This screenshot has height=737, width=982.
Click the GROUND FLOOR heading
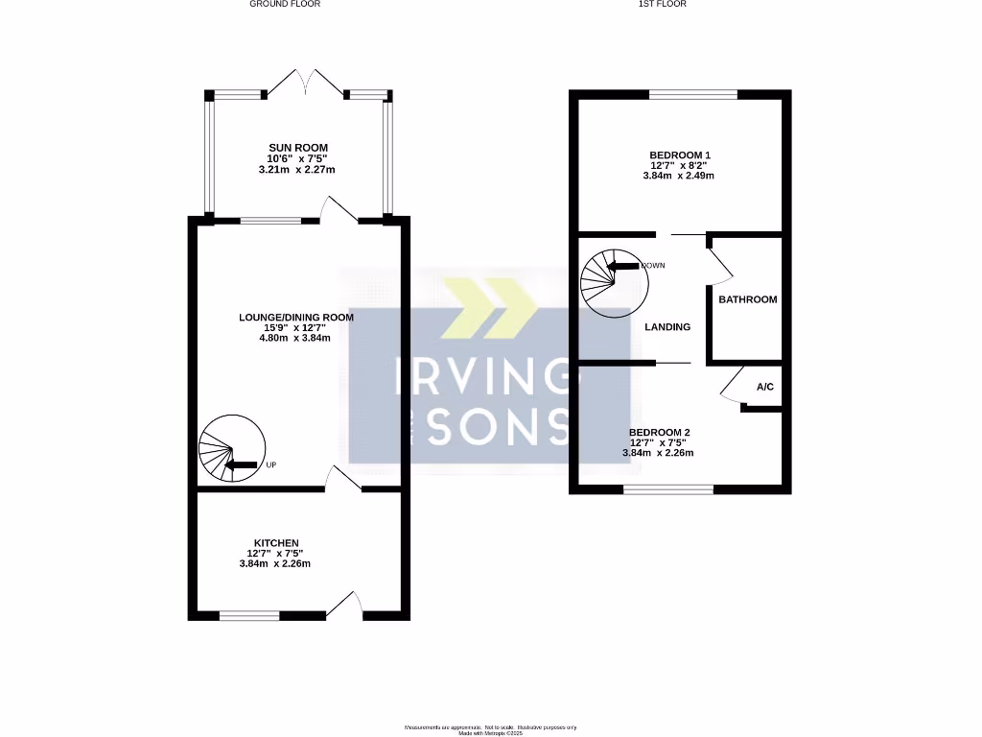pyautogui.click(x=285, y=4)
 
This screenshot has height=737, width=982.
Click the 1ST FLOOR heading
pyautogui.click(x=663, y=4)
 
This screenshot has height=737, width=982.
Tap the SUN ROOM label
pyautogui.click(x=297, y=148)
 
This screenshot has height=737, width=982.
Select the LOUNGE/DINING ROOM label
pyautogui.click(x=296, y=318)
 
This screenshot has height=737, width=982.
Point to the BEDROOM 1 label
pyautogui.click(x=680, y=155)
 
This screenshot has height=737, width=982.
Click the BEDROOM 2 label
pyautogui.click(x=658, y=432)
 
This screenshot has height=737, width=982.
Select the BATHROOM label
pyautogui.click(x=748, y=299)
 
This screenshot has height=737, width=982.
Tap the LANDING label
pyautogui.click(x=667, y=327)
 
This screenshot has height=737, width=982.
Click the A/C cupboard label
pyautogui.click(x=764, y=388)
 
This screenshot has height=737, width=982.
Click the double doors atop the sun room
pyautogui.click(x=306, y=83)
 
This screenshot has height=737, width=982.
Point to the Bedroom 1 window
pyautogui.click(x=693, y=94)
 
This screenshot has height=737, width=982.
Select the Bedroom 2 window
pyautogui.click(x=668, y=489)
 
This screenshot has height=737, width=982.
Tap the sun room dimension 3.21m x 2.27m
pyautogui.click(x=297, y=170)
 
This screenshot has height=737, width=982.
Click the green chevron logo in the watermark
pyautogui.click(x=489, y=308)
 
